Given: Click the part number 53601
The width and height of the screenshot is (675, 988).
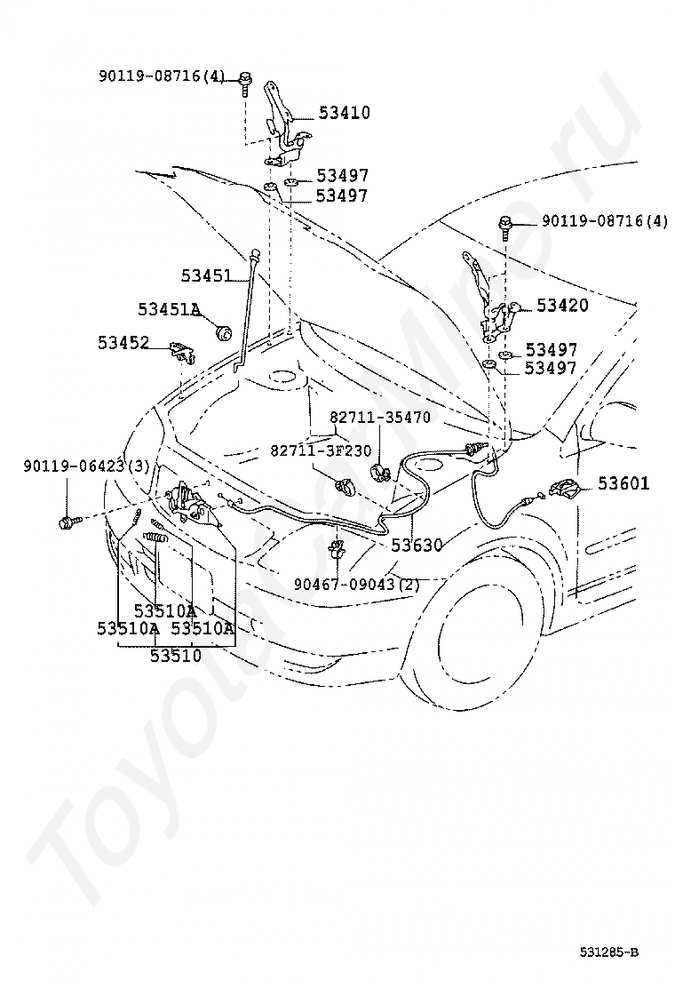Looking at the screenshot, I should click(x=623, y=484).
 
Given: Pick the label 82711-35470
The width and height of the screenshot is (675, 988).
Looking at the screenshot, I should click(x=379, y=416).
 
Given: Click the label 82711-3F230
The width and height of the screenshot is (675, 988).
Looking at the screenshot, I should click(x=321, y=450).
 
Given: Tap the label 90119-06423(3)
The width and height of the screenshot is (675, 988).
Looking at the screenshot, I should click(x=87, y=466).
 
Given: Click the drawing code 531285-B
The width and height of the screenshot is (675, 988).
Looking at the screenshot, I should click(x=610, y=952).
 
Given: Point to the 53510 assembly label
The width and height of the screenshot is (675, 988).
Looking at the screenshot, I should click(x=175, y=656).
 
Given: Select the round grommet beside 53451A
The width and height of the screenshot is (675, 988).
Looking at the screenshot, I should click(x=224, y=332).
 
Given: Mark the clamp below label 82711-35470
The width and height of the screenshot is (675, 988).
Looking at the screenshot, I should click(x=381, y=470).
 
